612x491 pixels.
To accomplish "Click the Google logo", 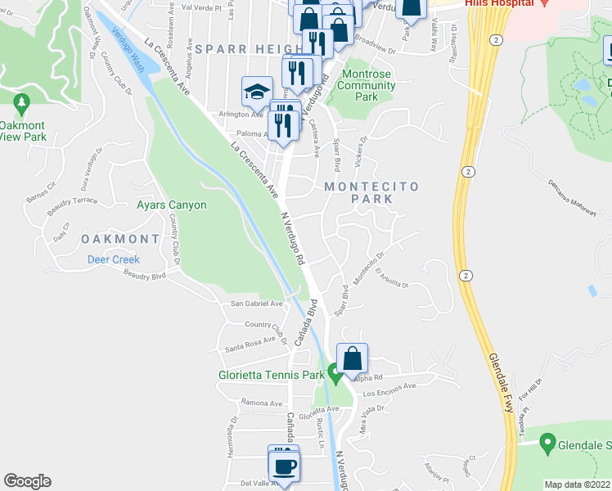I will point(27,481).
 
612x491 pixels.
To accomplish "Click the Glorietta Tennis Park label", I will point(272,376).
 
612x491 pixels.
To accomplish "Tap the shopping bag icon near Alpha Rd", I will point(352,359).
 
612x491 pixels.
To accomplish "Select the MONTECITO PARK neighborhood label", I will point(371,192).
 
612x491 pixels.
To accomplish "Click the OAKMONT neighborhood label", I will point(120,238).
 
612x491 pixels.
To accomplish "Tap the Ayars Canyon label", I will point(172,205).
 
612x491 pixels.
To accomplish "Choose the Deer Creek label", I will point(114,259).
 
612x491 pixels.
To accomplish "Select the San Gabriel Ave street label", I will point(256,303).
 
